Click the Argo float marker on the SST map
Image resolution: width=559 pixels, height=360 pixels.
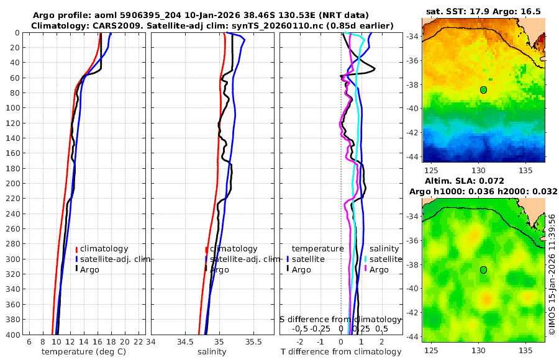(483, 90)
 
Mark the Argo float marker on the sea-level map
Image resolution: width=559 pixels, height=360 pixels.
(483, 269)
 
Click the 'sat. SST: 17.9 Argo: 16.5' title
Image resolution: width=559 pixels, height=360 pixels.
(483, 11)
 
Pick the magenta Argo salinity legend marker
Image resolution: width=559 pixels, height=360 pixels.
(366, 269)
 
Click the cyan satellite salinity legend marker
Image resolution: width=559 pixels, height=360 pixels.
(366, 259)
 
